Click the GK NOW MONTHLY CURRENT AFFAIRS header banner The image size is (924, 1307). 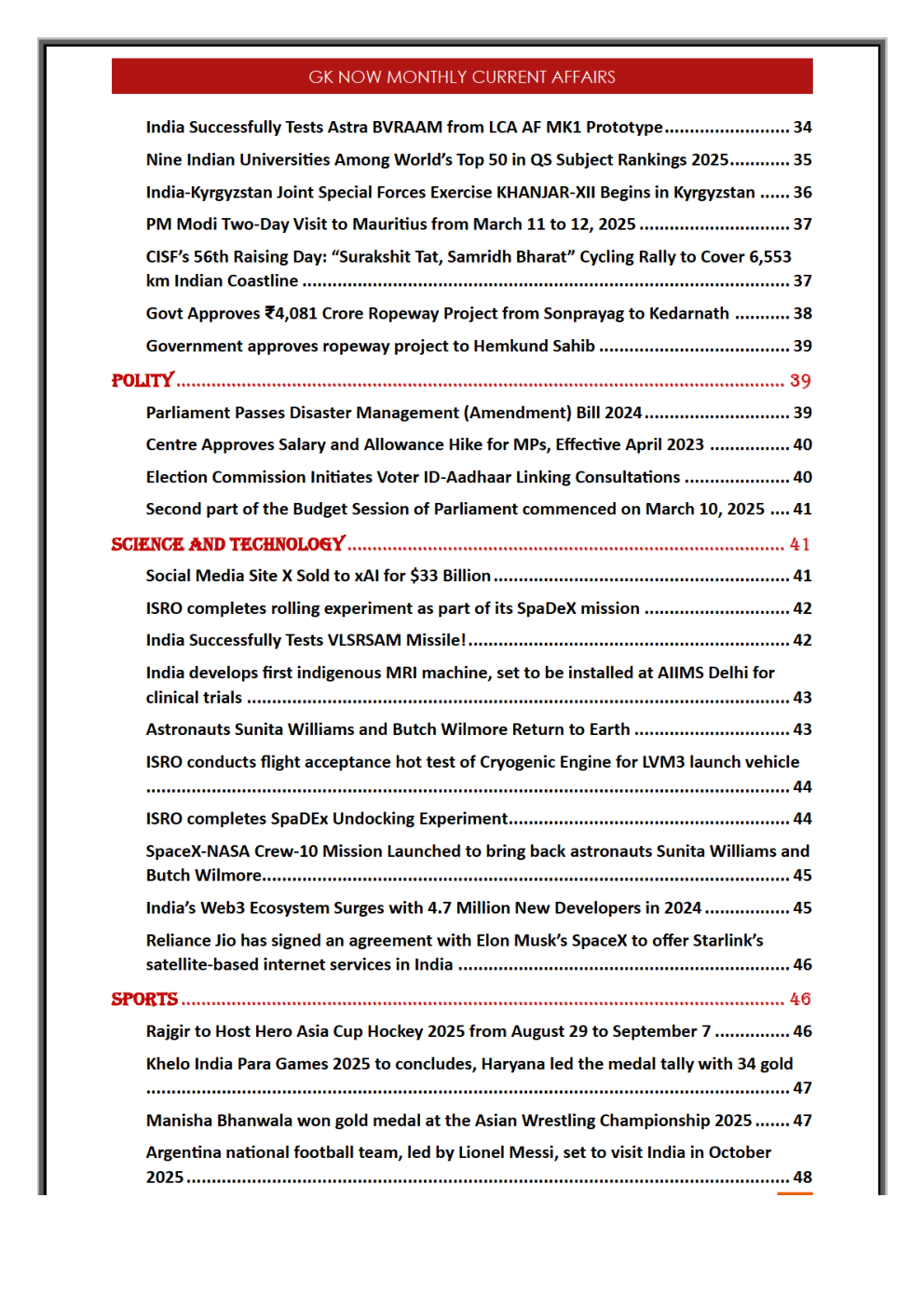pyautogui.click(x=462, y=76)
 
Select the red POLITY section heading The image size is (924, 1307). pyautogui.click(x=143, y=380)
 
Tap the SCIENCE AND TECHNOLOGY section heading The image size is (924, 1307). pyautogui.click(x=228, y=544)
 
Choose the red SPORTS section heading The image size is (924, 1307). pyautogui.click(x=144, y=999)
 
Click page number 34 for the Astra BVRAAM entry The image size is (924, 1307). pyautogui.click(x=802, y=127)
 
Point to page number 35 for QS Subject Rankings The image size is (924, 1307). pyautogui.click(x=802, y=159)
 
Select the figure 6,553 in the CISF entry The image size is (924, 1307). pyautogui.click(x=769, y=256)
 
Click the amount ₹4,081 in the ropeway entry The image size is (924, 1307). pyautogui.click(x=291, y=313)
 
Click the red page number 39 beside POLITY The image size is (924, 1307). pyautogui.click(x=800, y=380)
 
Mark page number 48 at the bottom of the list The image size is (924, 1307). pyautogui.click(x=802, y=1177)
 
